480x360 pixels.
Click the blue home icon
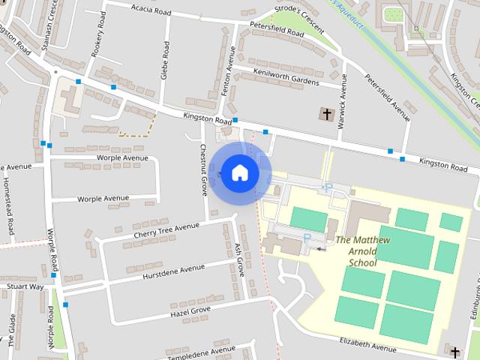239,172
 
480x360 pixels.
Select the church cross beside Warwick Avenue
326,115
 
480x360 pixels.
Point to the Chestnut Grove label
203,169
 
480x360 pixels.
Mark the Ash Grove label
240,259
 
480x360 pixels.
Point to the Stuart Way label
25,286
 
